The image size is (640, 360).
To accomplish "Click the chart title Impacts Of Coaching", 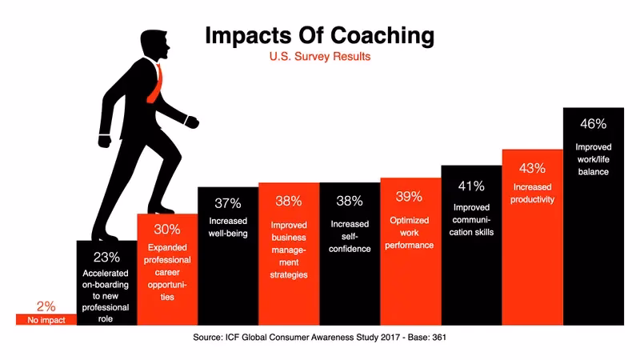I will [x=319, y=36].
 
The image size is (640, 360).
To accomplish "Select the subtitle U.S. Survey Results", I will [x=319, y=58].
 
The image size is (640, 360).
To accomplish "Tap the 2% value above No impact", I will [x=46, y=306].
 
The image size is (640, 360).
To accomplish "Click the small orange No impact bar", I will [x=46, y=319].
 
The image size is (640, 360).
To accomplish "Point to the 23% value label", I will [x=106, y=257].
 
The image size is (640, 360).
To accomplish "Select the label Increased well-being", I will [x=228, y=227].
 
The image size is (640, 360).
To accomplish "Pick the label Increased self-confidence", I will [x=350, y=236].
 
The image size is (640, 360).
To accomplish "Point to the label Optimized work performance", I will [x=410, y=232].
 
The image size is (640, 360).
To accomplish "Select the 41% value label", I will [x=471, y=186].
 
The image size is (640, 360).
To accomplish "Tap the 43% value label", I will [x=532, y=168].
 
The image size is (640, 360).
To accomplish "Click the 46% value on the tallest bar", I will [x=593, y=124].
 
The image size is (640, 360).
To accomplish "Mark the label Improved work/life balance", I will [x=593, y=159].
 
